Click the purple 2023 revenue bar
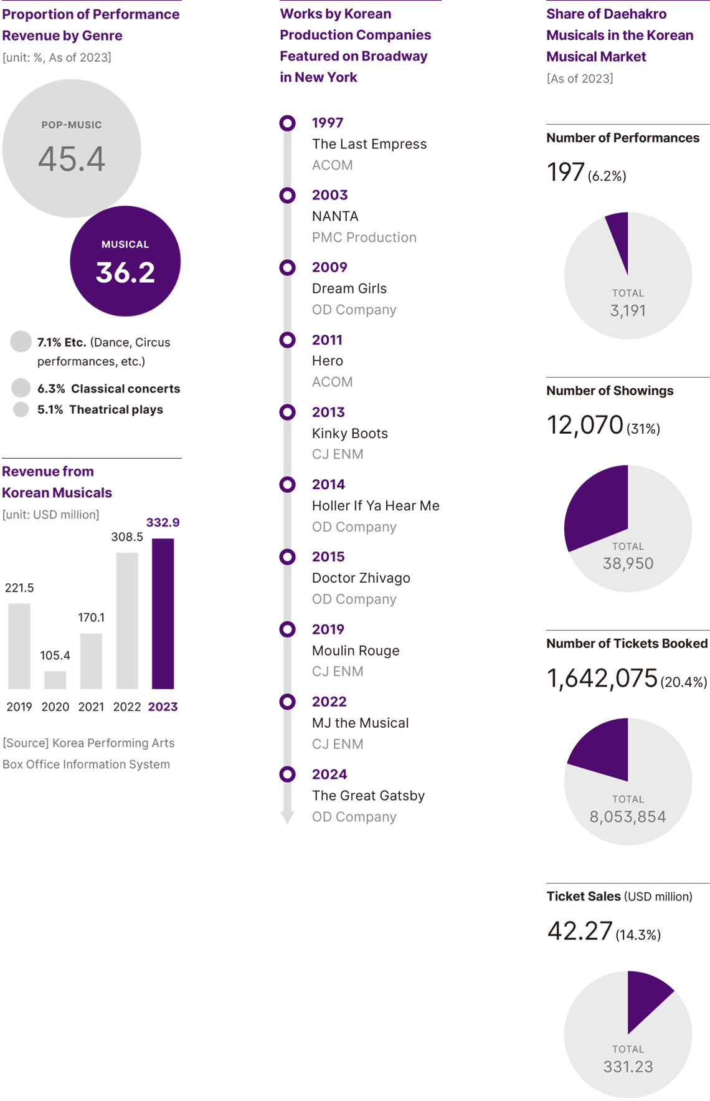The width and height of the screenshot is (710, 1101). tap(163, 613)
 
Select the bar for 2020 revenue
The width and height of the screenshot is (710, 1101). tap(55, 680)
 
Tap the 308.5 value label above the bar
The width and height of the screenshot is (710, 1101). tap(127, 536)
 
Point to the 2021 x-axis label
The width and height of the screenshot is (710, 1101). tap(91, 707)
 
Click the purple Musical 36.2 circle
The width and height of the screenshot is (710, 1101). tap(125, 261)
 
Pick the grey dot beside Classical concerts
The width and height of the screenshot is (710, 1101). tap(21, 388)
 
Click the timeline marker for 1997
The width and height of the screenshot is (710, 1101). tap(287, 123)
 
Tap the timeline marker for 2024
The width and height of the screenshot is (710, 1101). tap(287, 774)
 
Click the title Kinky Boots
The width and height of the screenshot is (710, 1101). tap(349, 433)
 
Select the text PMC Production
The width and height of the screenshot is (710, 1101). tap(364, 237)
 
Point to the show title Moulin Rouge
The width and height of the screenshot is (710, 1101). tap(356, 651)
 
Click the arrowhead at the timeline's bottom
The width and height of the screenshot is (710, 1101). tap(287, 817)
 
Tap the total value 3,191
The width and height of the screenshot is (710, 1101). tap(628, 310)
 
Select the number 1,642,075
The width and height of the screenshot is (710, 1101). tap(602, 679)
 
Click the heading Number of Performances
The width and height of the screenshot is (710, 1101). tap(623, 138)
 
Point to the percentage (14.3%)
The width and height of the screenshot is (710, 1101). tap(638, 935)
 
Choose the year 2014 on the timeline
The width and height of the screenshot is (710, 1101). tap(328, 484)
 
